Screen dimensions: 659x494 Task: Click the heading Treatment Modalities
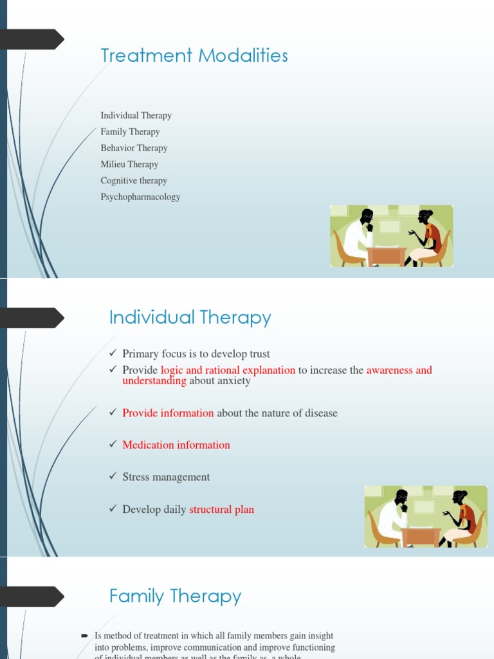[x=194, y=56]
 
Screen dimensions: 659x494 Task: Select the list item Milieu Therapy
[x=129, y=164]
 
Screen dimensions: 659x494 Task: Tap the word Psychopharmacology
[x=140, y=197]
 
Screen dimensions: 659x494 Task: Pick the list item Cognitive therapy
[x=134, y=181]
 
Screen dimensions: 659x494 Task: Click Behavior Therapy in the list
[x=134, y=148]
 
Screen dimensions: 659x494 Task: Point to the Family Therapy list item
[x=130, y=132]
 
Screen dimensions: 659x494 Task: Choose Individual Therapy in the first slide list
[x=136, y=116]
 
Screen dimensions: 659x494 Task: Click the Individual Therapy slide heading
[x=190, y=318]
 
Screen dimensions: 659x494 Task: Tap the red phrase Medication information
[x=176, y=445]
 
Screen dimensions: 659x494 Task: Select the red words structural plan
[x=221, y=510]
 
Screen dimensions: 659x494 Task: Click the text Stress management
[x=166, y=477]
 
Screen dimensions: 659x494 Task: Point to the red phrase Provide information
[x=168, y=413]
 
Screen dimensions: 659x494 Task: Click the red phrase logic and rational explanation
[x=228, y=370]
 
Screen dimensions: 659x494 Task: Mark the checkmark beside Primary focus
[x=114, y=354]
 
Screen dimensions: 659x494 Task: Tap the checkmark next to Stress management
[x=114, y=477]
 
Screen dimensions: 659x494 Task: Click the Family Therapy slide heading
[x=175, y=597]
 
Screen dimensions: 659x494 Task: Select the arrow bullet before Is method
[x=85, y=636]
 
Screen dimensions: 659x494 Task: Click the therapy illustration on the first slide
[x=391, y=236]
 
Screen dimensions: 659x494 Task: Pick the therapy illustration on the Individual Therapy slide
[x=426, y=517]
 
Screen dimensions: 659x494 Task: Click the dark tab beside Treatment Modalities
[x=32, y=40]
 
